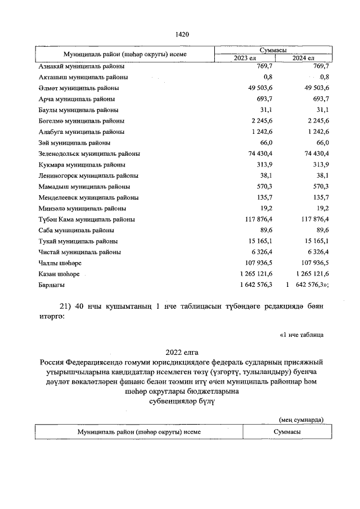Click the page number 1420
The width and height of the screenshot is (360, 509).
182,34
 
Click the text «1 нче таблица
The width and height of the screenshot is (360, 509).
301,335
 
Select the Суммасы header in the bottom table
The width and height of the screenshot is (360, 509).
285,431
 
